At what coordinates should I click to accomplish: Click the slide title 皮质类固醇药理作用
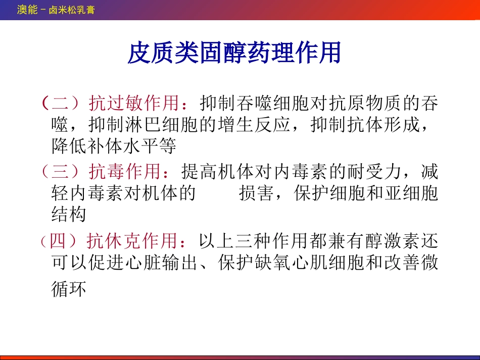coord(234,53)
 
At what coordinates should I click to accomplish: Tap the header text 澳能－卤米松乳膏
coord(56,10)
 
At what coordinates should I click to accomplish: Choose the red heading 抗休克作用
coord(132,241)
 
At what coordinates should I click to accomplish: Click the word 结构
coord(69,215)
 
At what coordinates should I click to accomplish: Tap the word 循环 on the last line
coord(69,290)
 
